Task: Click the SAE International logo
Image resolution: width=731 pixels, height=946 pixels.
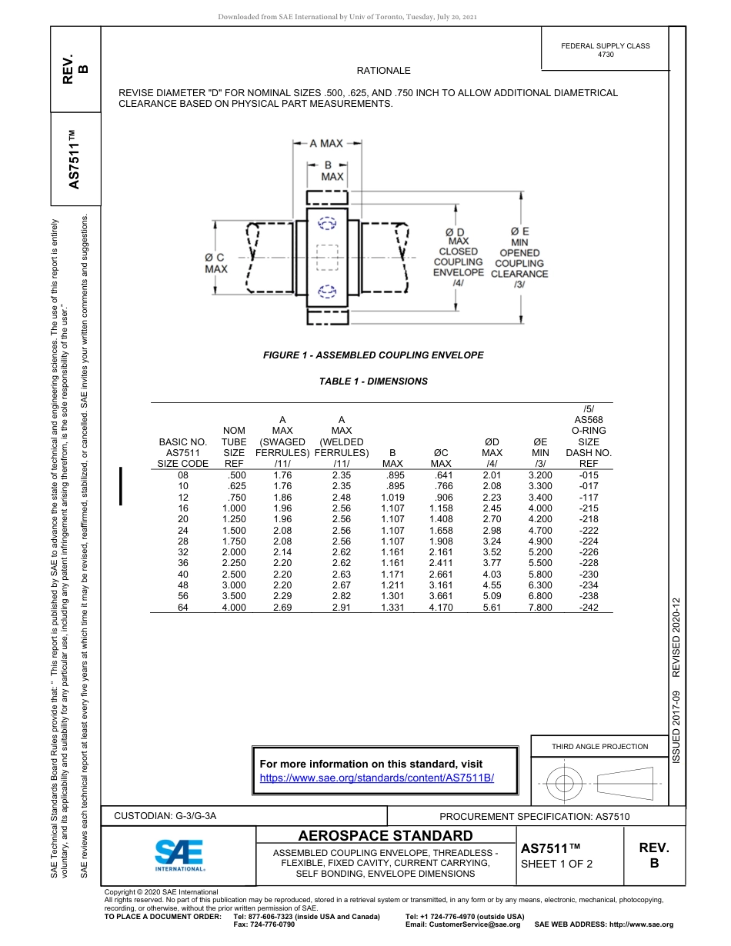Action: click(179, 854)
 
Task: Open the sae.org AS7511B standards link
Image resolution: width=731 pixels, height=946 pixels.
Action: click(377, 778)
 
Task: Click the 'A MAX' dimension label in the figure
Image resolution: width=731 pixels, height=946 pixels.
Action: click(325, 143)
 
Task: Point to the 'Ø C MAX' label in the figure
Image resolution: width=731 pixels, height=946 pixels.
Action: click(215, 263)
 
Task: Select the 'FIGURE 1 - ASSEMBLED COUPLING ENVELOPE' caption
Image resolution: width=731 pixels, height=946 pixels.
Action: click(373, 355)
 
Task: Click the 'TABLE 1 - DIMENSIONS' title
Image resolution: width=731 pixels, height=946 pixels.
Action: click(373, 381)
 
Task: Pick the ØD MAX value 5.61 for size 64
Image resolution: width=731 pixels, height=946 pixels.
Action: click(492, 608)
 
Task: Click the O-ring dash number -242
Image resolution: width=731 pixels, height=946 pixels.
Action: click(589, 608)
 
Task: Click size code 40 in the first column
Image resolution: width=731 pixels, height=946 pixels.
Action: click(183, 575)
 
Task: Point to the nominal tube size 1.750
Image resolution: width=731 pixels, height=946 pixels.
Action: click(234, 541)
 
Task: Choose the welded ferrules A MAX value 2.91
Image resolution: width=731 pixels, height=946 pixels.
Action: click(341, 608)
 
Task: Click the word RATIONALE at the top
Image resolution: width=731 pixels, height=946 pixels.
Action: click(384, 71)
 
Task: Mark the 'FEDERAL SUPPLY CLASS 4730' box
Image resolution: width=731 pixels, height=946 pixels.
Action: click(605, 50)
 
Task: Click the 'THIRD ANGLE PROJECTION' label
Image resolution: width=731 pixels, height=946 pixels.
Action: click(599, 746)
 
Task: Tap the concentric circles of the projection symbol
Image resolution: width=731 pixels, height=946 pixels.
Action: click(565, 784)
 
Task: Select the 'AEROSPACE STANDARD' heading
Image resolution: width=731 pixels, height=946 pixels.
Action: click(385, 836)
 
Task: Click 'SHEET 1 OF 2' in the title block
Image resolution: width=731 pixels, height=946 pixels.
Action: click(557, 864)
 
